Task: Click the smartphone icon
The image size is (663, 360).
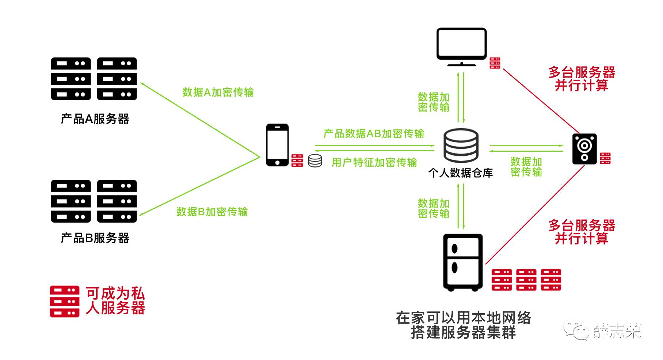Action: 277,145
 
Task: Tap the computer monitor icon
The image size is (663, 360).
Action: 462,47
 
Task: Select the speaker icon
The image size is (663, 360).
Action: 584,149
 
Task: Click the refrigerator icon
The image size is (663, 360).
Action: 463,262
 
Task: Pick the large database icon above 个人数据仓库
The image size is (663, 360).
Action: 461,145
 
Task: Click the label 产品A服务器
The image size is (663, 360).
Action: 95,119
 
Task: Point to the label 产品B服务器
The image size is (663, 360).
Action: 95,238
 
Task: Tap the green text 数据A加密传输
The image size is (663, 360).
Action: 218,92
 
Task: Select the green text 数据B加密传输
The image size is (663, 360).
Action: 212,212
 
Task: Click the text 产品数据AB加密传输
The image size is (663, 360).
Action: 374,133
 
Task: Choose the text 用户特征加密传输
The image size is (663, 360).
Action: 374,162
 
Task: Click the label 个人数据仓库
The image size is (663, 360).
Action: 461,173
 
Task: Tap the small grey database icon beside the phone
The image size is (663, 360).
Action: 315,161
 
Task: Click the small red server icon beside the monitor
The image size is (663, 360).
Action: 495,63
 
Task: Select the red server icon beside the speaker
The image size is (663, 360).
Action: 605,158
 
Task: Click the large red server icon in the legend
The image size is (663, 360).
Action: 65,301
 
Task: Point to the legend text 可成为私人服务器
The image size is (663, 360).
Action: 115,301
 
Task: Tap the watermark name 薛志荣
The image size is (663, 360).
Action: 617,331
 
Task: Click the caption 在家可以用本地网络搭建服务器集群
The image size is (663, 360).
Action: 463,325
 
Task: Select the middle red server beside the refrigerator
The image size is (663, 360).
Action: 526,280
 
